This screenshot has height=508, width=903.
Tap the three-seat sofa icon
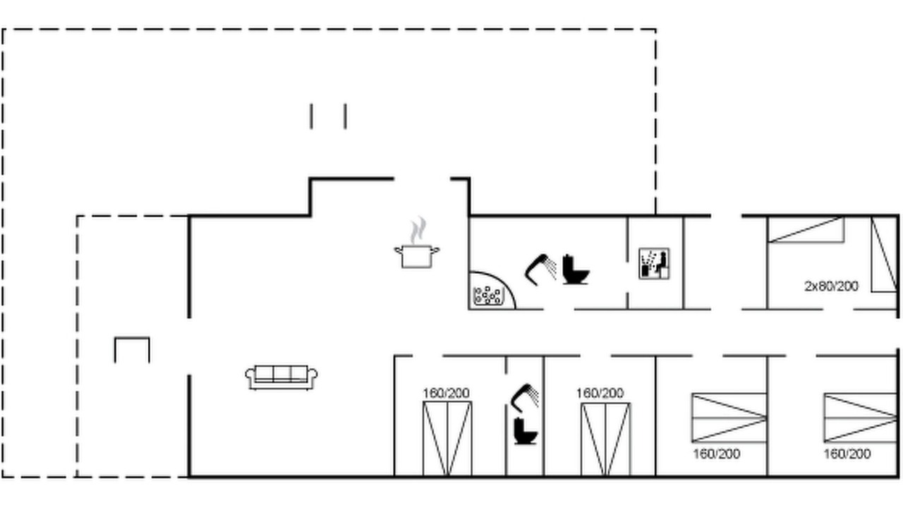(281, 377)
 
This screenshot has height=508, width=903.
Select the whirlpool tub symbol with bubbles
(487, 295)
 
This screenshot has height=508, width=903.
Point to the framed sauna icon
(654, 264)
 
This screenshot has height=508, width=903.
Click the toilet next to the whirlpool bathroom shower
(575, 270)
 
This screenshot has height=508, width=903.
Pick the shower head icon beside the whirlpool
(540, 270)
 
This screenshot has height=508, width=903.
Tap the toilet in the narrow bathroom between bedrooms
(526, 431)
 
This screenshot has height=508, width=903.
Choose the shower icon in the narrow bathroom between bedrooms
(524, 397)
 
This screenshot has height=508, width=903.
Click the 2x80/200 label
(831, 286)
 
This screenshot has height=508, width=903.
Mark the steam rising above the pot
(418, 230)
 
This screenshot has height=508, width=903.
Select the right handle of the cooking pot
(435, 250)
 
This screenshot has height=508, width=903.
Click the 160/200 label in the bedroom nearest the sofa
(446, 393)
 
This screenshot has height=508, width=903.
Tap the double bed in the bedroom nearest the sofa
(447, 439)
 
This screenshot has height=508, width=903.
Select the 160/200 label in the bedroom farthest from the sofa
(847, 454)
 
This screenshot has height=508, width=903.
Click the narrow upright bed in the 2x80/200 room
(884, 254)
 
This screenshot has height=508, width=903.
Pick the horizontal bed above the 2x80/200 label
(806, 230)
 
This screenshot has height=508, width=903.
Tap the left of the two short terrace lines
(311, 116)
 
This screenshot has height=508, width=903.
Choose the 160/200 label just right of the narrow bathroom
(600, 393)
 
